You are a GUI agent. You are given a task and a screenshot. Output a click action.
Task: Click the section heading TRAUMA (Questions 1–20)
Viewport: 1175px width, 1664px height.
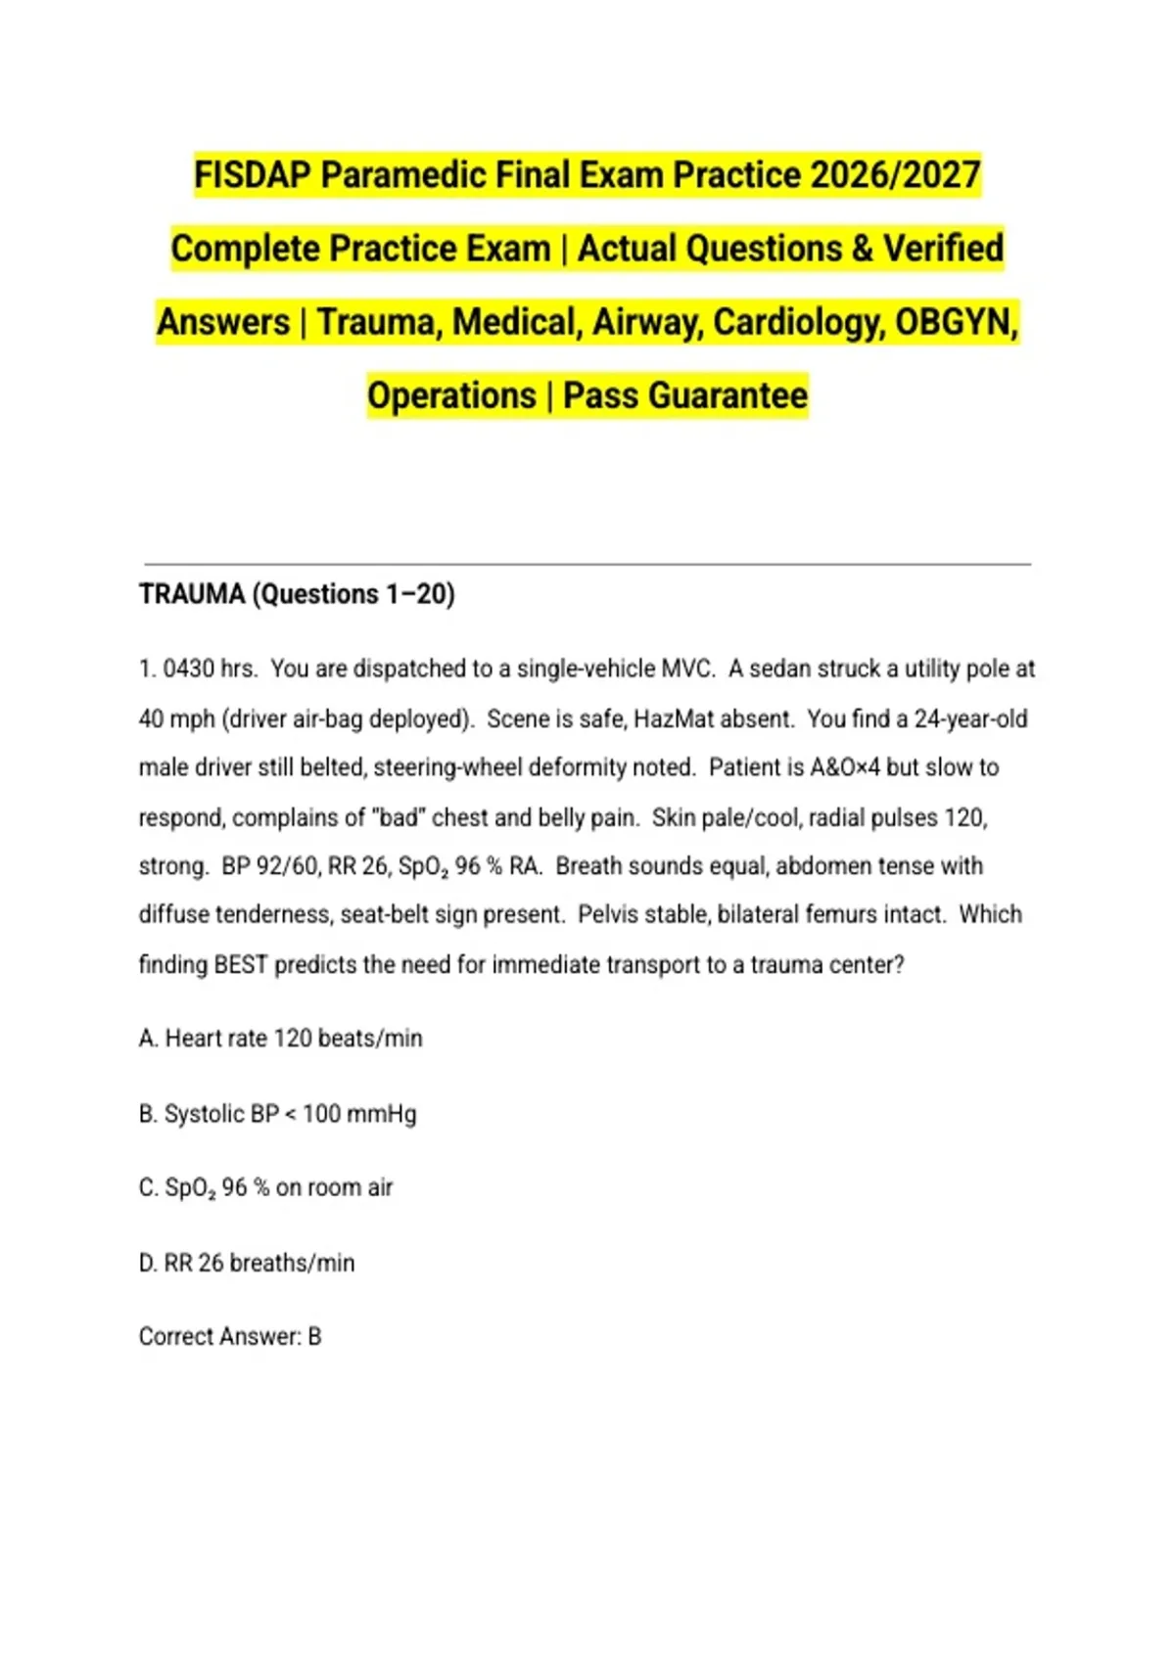pos(297,594)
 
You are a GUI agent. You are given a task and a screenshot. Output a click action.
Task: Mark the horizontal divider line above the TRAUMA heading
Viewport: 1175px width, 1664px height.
pos(587,565)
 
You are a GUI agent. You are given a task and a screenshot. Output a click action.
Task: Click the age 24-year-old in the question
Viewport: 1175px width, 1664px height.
pos(970,719)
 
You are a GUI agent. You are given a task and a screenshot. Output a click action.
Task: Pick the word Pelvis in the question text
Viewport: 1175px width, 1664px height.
pos(609,915)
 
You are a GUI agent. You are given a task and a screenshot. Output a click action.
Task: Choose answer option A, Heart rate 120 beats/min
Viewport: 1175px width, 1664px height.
pos(281,1039)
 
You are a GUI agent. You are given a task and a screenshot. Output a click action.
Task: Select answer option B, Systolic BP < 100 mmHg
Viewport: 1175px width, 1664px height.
pos(278,1114)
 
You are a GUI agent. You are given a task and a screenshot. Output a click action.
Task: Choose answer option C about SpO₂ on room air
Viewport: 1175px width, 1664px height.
pos(266,1188)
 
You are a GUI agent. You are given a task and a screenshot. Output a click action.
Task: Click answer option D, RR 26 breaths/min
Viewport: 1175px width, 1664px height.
pos(247,1264)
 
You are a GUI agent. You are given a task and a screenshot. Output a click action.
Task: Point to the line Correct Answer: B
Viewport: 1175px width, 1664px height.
pos(230,1337)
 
